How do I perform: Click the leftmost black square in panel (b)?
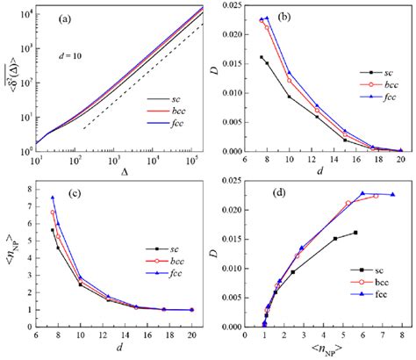click(262, 58)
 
